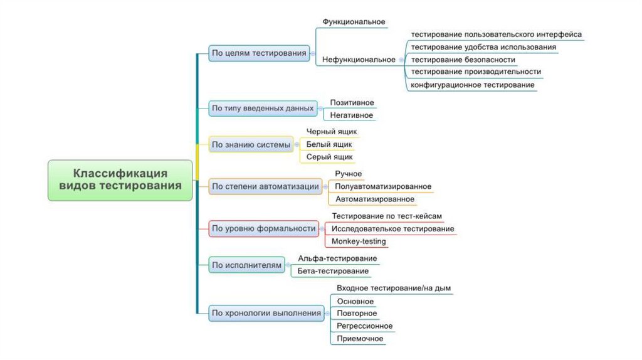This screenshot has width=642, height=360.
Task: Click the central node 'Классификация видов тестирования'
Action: click(x=120, y=179)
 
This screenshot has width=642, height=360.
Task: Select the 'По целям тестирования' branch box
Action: click(x=259, y=54)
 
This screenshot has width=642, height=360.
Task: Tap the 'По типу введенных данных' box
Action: click(x=262, y=109)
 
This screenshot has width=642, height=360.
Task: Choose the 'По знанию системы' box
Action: click(x=251, y=145)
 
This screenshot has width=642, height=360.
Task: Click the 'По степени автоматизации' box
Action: click(x=265, y=186)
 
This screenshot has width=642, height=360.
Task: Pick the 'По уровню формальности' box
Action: click(x=263, y=229)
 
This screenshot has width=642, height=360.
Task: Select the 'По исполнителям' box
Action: click(x=247, y=265)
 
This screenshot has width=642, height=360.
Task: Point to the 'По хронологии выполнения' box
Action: click(x=266, y=313)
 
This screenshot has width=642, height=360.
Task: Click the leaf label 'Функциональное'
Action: click(x=354, y=22)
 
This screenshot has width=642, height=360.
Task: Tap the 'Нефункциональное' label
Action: click(x=359, y=60)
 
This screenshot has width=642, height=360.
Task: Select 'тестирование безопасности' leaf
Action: click(x=463, y=60)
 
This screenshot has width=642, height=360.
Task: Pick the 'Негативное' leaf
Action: click(x=352, y=115)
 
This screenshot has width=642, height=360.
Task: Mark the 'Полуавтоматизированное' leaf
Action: click(x=382, y=186)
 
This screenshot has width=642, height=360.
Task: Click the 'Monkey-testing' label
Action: click(x=358, y=241)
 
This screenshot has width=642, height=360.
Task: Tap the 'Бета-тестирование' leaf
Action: click(x=333, y=271)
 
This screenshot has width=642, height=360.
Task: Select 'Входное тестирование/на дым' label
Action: click(x=393, y=289)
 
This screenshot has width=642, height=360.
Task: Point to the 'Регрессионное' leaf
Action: click(x=364, y=326)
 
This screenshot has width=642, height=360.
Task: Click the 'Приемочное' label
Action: click(x=359, y=339)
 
